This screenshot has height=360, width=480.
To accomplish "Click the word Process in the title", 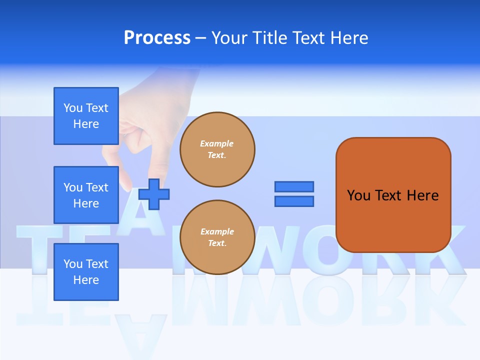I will click(x=157, y=38).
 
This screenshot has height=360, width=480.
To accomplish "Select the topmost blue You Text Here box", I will click(x=86, y=116).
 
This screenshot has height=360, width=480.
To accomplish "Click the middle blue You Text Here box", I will click(x=86, y=195).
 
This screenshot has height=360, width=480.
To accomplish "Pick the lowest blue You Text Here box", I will click(x=86, y=272).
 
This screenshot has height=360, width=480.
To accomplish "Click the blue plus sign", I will click(x=154, y=194).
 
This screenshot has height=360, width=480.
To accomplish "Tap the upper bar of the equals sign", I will click(x=294, y=186).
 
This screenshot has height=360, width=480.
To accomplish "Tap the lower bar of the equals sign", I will click(x=294, y=201).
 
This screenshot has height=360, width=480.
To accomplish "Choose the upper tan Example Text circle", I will click(x=217, y=149).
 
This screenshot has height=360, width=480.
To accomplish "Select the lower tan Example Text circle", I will click(x=217, y=237).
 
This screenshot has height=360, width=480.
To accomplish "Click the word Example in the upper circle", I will click(x=217, y=143).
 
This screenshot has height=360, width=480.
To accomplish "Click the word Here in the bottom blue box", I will click(x=86, y=280).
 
